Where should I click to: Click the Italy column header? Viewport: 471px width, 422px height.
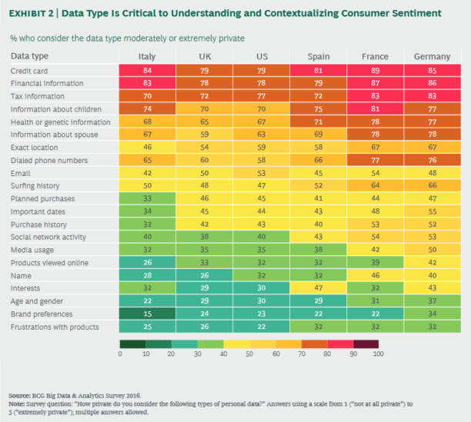tap(147, 57)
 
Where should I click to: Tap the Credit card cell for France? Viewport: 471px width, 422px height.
tap(375, 71)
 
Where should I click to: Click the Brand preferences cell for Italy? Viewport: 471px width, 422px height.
tap(147, 314)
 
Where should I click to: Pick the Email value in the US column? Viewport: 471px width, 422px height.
tap(261, 173)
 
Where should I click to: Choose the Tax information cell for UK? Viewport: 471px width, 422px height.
tap(205, 96)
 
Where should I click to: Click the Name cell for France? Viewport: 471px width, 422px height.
tap(375, 275)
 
